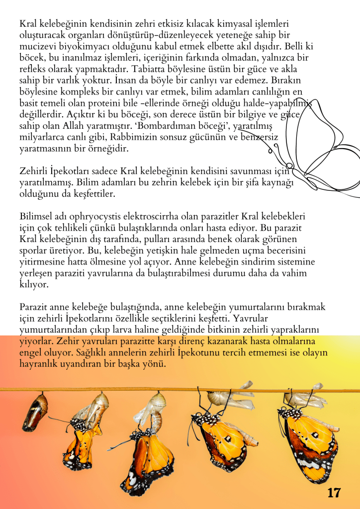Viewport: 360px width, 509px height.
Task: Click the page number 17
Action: [334, 493]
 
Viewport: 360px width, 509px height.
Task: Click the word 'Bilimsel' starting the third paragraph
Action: [36, 217]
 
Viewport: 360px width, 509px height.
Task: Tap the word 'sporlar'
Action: [33, 250]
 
